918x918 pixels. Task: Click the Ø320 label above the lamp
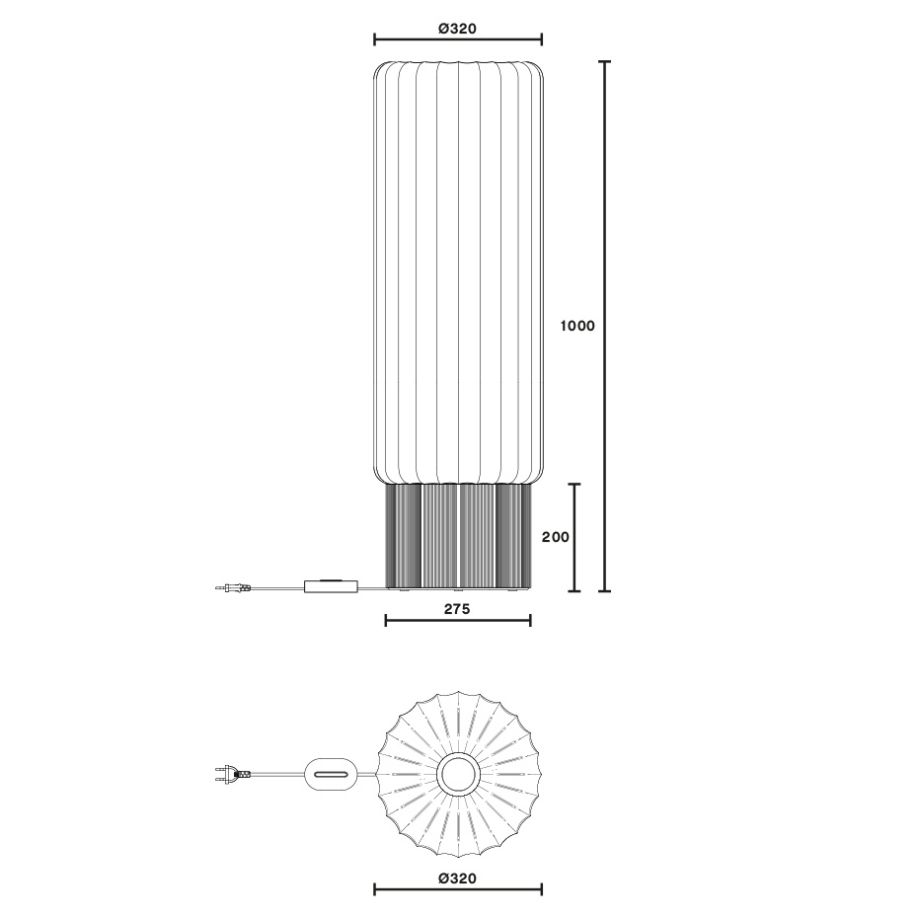456,29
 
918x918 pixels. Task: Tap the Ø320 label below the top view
456,878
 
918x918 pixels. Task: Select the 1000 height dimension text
577,326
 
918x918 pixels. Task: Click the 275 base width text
456,609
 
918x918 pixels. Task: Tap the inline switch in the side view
331,586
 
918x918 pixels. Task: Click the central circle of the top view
458,774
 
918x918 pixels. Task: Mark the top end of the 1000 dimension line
605,61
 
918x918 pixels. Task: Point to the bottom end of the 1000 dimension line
605,591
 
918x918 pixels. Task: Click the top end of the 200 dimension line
574,484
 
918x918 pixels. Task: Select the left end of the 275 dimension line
385,620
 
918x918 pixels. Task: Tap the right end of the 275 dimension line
530,620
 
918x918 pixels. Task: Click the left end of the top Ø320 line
375,39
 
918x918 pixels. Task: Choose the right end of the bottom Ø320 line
541,889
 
